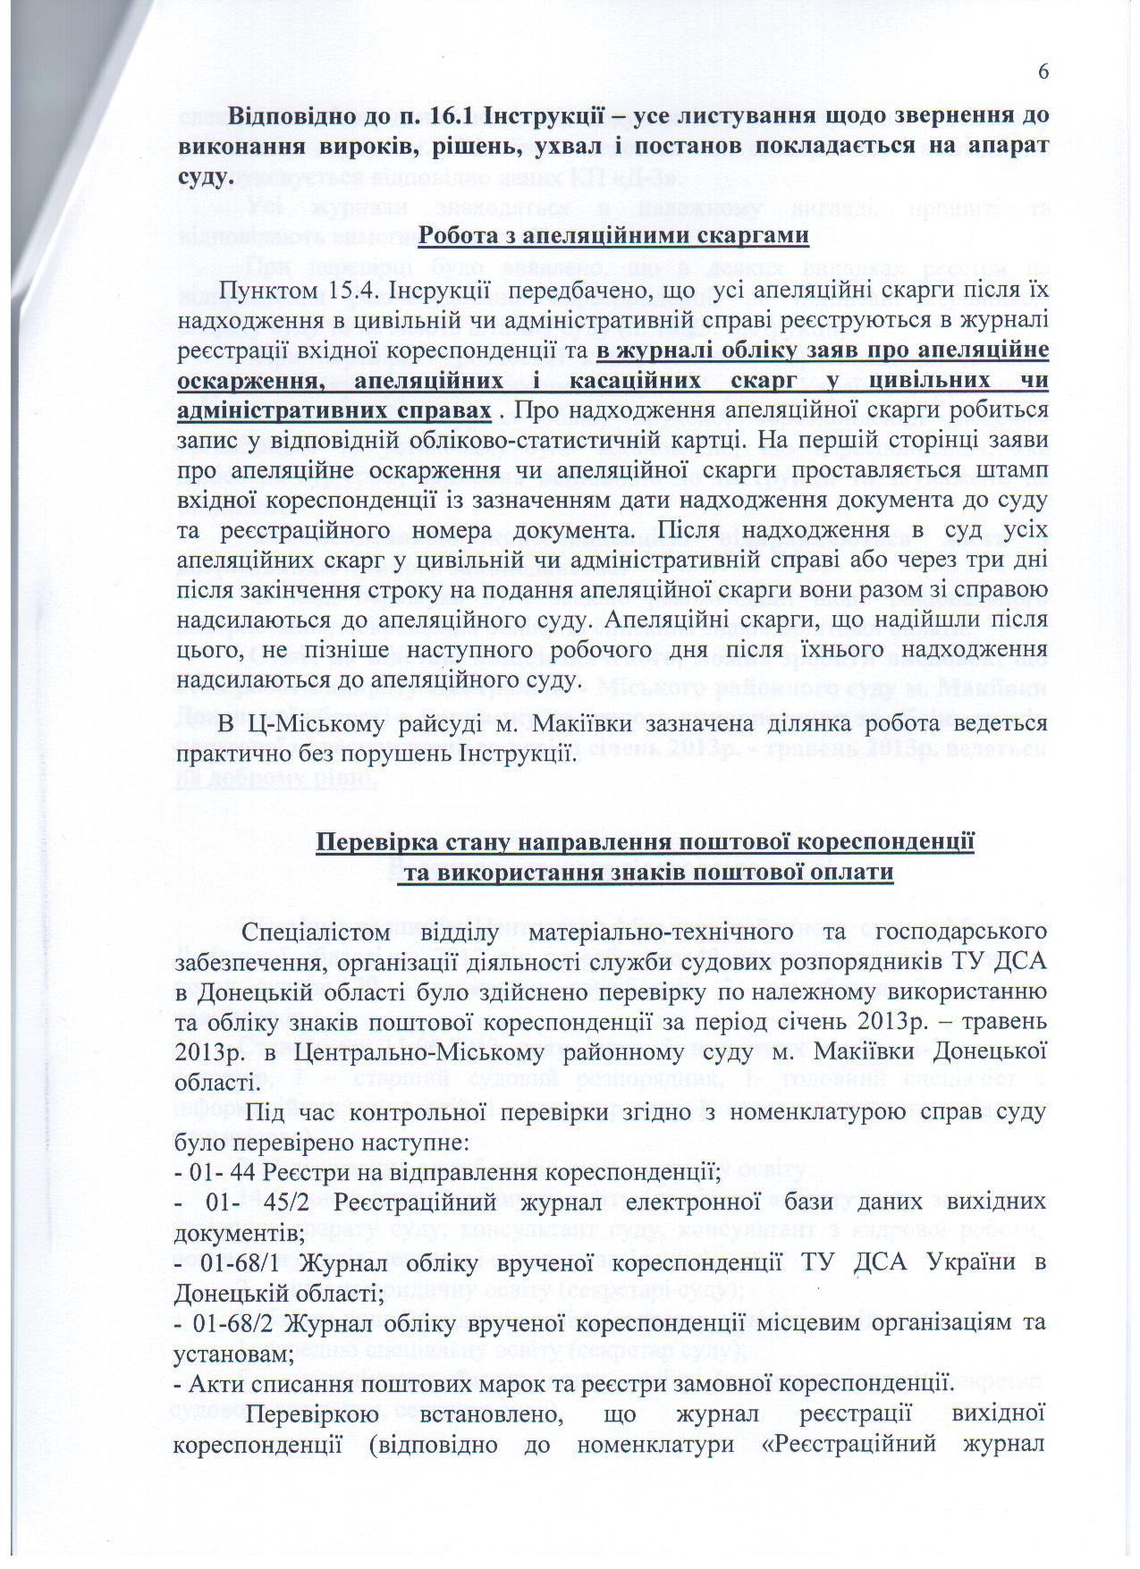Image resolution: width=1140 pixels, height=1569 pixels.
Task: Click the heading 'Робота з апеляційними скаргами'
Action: pyautogui.click(x=613, y=235)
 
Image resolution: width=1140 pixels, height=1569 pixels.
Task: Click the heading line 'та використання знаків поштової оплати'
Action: pyautogui.click(x=645, y=873)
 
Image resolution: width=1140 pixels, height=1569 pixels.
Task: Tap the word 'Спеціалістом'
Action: pyautogui.click(x=317, y=932)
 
